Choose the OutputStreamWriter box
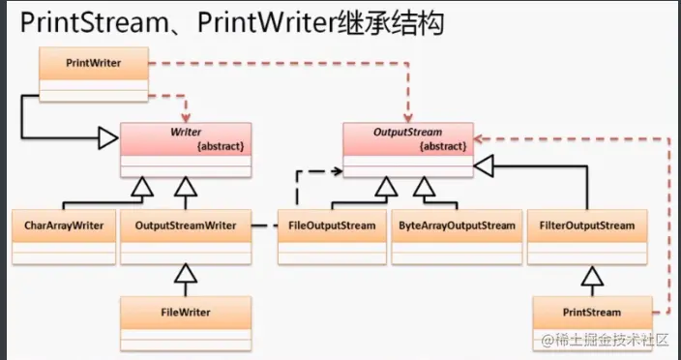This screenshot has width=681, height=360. tap(186, 234)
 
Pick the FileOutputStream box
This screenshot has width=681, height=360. tap(332, 234)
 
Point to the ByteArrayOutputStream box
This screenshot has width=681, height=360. tap(457, 234)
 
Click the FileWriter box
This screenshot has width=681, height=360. tap(186, 320)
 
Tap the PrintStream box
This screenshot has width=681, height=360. tap(591, 320)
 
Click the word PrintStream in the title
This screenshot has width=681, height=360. tap(82, 23)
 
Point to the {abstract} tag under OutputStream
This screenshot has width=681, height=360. tap(444, 146)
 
